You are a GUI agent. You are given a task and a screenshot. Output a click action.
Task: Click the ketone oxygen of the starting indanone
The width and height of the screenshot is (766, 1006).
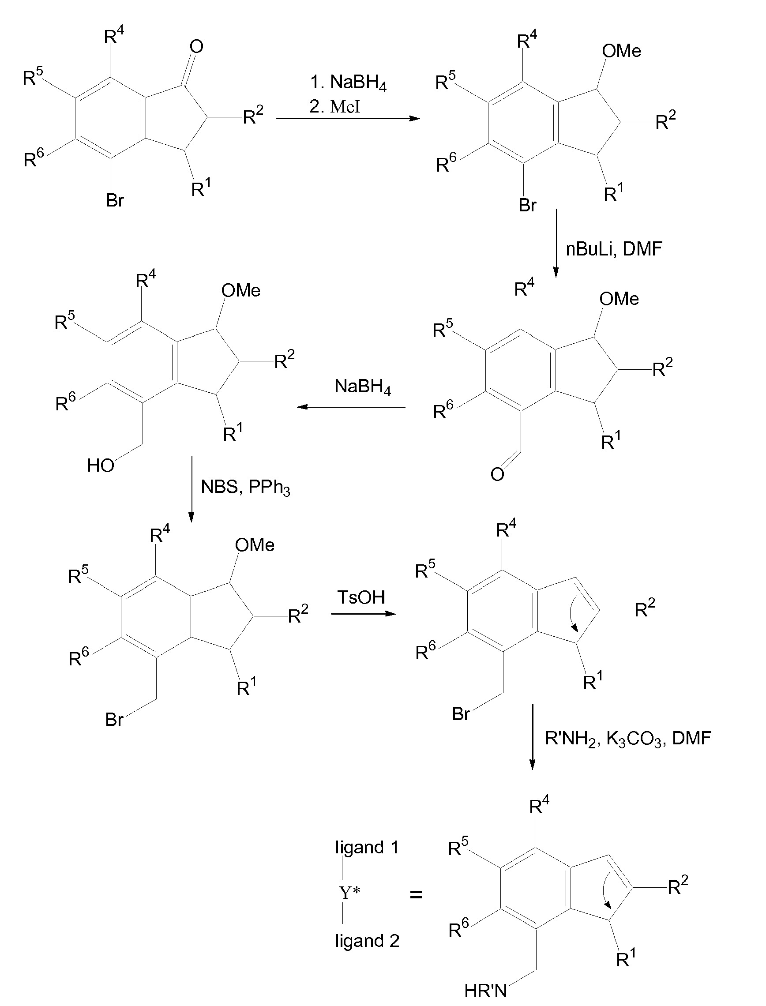click(196, 46)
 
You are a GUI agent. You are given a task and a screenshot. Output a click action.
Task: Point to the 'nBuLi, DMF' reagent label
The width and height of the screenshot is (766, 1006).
click(614, 249)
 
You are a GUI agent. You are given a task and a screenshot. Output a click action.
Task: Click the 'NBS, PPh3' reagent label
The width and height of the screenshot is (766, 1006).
click(245, 488)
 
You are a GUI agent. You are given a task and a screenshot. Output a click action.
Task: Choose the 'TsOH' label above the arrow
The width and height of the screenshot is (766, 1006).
click(361, 597)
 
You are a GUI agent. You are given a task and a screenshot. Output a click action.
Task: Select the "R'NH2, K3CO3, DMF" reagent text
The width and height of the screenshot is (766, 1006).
click(628, 738)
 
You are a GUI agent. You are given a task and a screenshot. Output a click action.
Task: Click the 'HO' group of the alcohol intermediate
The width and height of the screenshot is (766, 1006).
click(101, 466)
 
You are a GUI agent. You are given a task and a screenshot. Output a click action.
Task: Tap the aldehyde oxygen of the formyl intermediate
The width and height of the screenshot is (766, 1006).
click(497, 474)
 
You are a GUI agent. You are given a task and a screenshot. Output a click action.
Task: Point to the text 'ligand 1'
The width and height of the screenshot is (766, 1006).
click(367, 847)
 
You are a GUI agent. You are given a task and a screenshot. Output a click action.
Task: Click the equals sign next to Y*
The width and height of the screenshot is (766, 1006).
click(416, 895)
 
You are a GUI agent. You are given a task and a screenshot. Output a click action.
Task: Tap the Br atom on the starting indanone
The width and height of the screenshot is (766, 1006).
click(115, 200)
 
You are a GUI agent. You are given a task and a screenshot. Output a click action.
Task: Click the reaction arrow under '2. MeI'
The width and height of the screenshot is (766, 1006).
click(348, 119)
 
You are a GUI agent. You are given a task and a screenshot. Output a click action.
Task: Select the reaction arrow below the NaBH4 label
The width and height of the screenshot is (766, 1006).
click(351, 407)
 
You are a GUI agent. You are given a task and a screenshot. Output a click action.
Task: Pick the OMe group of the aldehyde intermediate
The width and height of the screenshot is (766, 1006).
click(619, 299)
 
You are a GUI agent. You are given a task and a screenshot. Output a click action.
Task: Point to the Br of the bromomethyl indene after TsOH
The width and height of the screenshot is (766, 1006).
click(461, 714)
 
